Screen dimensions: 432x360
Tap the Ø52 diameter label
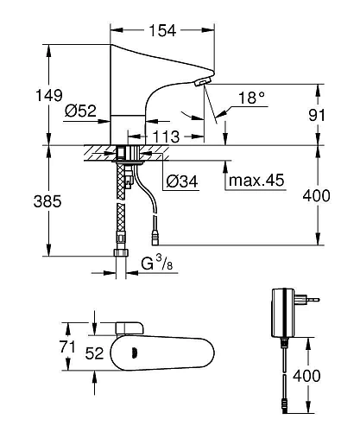(79, 111)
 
